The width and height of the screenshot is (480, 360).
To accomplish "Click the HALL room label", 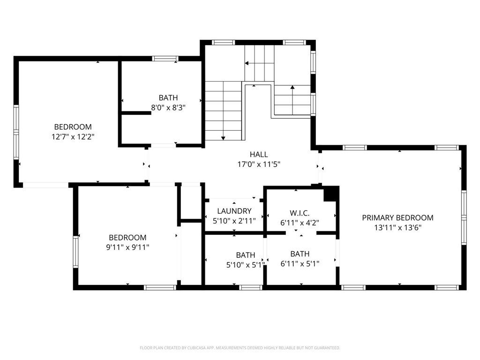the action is pyautogui.click(x=259, y=154).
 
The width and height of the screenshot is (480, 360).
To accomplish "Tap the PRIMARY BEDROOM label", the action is pyautogui.click(x=397, y=217).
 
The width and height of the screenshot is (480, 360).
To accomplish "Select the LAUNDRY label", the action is pyautogui.click(x=234, y=211).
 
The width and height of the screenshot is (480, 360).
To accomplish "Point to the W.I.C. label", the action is pyautogui.click(x=300, y=213).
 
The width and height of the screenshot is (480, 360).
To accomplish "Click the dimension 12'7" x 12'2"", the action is pyautogui.click(x=73, y=136).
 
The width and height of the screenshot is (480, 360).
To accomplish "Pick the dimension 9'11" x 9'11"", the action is pyautogui.click(x=127, y=247).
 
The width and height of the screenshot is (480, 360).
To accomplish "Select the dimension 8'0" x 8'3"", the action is pyautogui.click(x=168, y=107).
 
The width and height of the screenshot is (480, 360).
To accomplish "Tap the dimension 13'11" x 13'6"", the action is pyautogui.click(x=397, y=227).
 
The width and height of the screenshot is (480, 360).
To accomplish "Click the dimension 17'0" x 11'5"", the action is pyautogui.click(x=259, y=165).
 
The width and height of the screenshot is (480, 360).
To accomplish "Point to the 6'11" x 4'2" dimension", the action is pyautogui.click(x=300, y=223).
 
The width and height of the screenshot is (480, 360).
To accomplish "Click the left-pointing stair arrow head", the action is pyautogui.click(x=247, y=63).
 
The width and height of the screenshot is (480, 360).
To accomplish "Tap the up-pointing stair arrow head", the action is pyautogui.click(x=292, y=87).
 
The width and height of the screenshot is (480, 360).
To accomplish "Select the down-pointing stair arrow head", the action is pyautogui.click(x=223, y=138).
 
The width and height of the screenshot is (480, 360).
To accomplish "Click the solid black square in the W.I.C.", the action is pyautogui.click(x=331, y=194).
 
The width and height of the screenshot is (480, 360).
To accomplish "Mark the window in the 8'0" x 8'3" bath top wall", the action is pyautogui.click(x=165, y=59).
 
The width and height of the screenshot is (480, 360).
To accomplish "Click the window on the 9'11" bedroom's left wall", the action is pyautogui.click(x=75, y=252).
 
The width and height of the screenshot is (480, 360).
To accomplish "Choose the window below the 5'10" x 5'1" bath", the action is pyautogui.click(x=250, y=287).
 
